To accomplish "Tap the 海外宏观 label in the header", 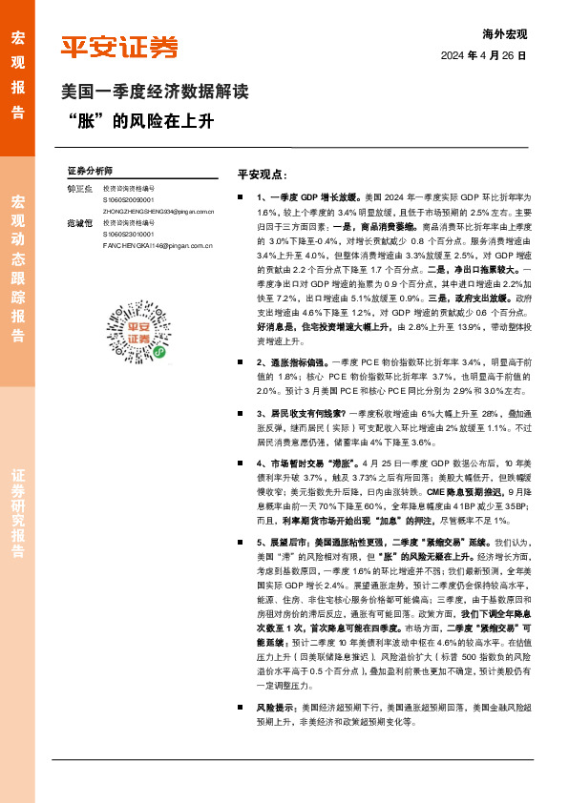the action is pos(505,34).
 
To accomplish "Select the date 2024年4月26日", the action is pos(483,56).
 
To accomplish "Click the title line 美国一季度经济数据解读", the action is pos(155,93).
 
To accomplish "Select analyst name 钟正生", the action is pos(79,189).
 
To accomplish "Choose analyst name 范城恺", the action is pos(79,222).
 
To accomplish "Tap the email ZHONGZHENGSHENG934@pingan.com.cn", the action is pos(161,212).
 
